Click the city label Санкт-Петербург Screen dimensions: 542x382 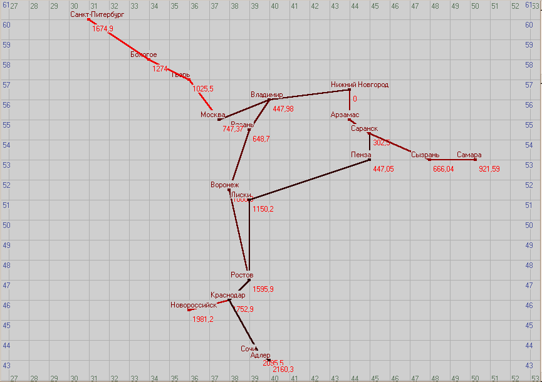pyautogui.click(x=97, y=14)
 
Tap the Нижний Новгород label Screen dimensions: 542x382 pyautogui.click(x=360, y=85)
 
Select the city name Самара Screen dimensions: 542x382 pyautogui.click(x=469, y=155)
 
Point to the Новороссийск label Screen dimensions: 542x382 pyautogui.click(x=194, y=305)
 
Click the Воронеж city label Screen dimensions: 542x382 pyautogui.click(x=225, y=185)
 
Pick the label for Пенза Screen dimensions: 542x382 pyautogui.click(x=362, y=155)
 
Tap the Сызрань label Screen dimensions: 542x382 pyautogui.click(x=425, y=155)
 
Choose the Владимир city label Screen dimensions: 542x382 pyautogui.click(x=267, y=95)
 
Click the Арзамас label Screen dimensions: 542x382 pyautogui.click(x=345, y=115)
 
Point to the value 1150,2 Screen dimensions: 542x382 pyautogui.click(x=263, y=209)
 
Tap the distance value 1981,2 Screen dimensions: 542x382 pyautogui.click(x=202, y=319)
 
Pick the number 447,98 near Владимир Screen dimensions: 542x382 pyautogui.click(x=283, y=109)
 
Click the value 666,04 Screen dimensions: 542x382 pyautogui.click(x=443, y=169)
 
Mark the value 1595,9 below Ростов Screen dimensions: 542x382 pyautogui.click(x=263, y=289)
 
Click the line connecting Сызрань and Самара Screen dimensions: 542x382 pyautogui.click(x=451, y=160)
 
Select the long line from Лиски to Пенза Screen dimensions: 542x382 pyautogui.click(x=310, y=180)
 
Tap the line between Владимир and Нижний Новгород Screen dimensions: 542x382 pyautogui.click(x=310, y=95)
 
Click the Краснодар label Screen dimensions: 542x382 pyautogui.click(x=227, y=295)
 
